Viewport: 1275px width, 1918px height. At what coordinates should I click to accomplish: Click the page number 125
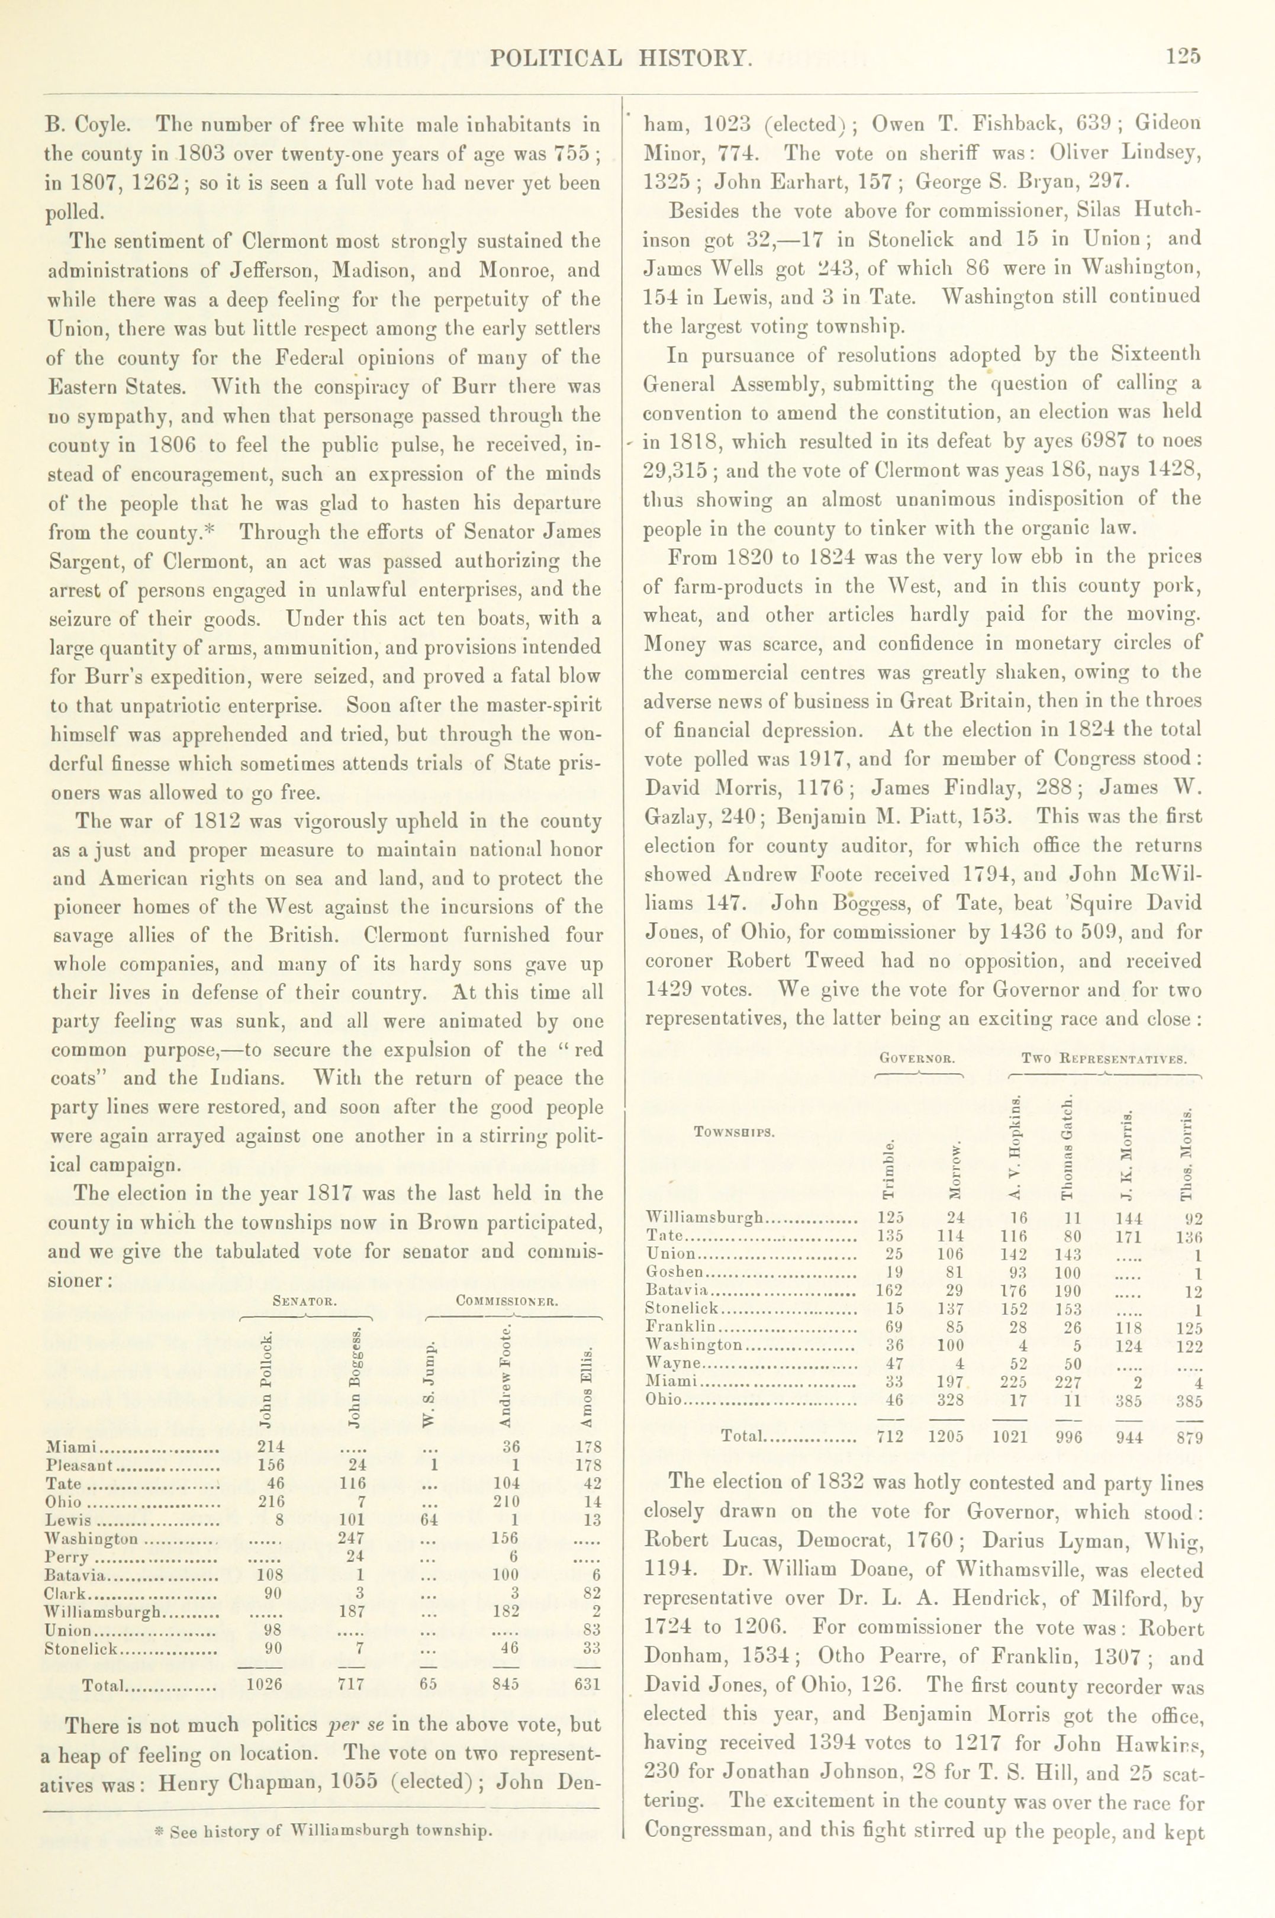pyautogui.click(x=1182, y=56)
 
